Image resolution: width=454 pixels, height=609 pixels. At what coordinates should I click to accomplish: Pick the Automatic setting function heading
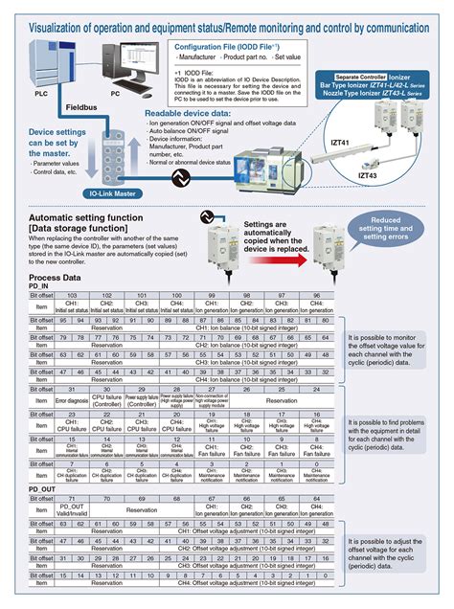(x=74, y=218)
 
